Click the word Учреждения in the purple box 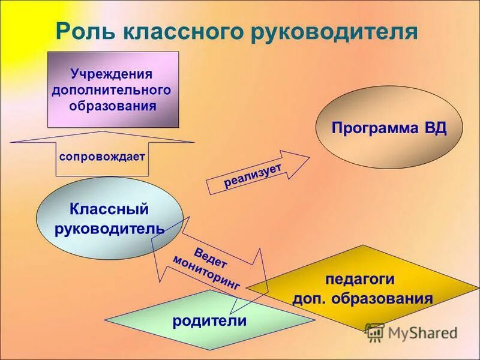click(x=112, y=74)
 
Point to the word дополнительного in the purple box click(x=112, y=90)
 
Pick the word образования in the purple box click(x=112, y=106)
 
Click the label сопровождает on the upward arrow click(x=102, y=157)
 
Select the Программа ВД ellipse click(x=389, y=128)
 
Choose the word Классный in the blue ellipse click(x=109, y=209)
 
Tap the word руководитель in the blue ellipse click(x=109, y=229)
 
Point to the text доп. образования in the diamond click(x=362, y=299)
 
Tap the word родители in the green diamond click(x=209, y=320)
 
